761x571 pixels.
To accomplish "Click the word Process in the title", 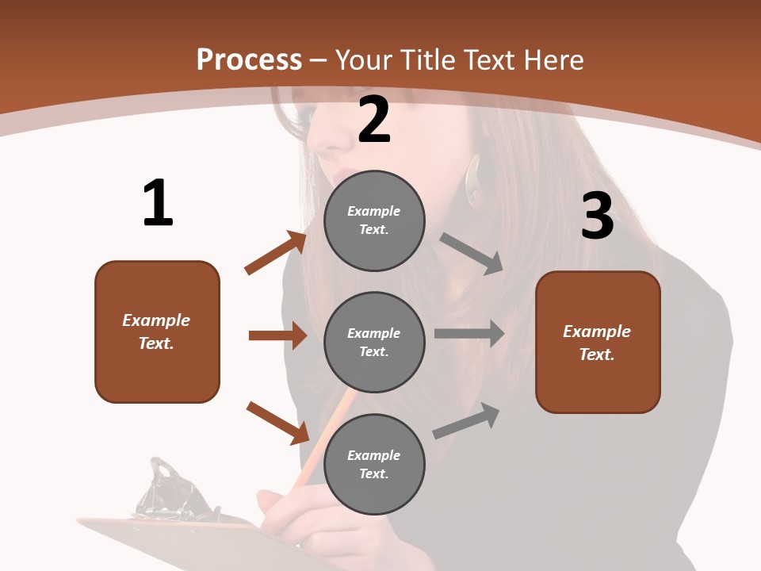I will [x=249, y=59].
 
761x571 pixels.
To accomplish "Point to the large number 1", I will [x=158, y=204].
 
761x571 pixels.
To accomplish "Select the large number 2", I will [x=374, y=120].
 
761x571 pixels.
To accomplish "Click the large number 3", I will [x=597, y=216].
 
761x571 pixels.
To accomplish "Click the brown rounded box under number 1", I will [x=157, y=331].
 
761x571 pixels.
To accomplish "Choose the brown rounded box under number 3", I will [x=598, y=342].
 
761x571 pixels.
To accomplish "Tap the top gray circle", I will [x=374, y=220].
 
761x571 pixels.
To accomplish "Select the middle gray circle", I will [x=374, y=342].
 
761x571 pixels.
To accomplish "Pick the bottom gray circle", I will [x=374, y=464].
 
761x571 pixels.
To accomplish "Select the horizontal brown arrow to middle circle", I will [x=277, y=335].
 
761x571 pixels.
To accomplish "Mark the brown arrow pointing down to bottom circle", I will [x=277, y=423].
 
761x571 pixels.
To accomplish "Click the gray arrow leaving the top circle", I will [x=472, y=254].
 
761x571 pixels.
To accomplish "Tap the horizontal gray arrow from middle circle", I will [x=468, y=333].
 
